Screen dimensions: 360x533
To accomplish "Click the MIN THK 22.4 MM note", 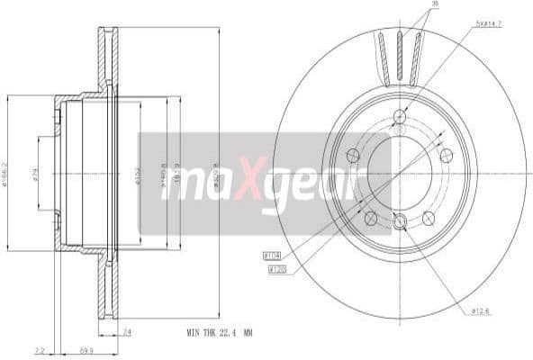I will coord(219,333).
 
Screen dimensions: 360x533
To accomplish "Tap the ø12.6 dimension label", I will coord(481,311).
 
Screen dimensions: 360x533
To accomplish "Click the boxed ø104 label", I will coord(271,256).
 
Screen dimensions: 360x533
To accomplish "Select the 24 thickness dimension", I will coord(127,332).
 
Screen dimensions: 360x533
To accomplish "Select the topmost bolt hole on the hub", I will coord(399,115).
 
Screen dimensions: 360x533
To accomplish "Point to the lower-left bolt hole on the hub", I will coord(369,217).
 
